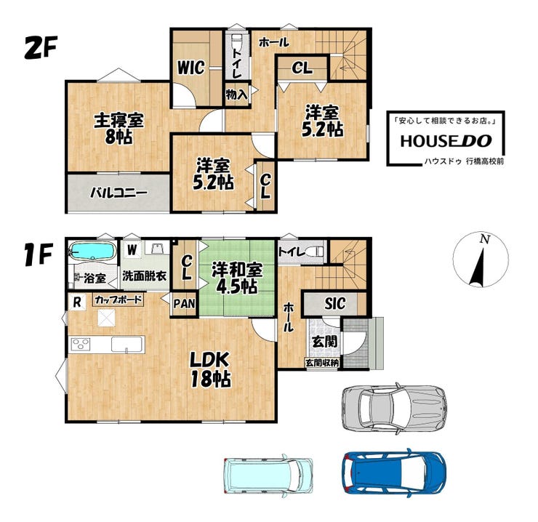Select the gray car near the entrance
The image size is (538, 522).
click(395, 407)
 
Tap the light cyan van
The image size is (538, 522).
click(268, 475)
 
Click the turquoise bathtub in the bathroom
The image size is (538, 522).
click(92, 251)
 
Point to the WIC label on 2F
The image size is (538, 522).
click(190, 68)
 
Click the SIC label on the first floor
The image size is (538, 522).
click(335, 304)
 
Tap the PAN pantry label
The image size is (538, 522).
click(184, 304)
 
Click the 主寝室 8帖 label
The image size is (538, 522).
click(119, 129)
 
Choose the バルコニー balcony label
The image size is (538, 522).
click(119, 193)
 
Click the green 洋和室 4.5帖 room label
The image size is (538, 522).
click(237, 277)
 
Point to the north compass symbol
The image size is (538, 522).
click(481, 259)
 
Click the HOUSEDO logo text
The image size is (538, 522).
click(446, 141)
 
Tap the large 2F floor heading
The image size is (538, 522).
click(41, 48)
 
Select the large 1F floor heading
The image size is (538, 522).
click(39, 254)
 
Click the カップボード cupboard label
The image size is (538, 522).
click(119, 300)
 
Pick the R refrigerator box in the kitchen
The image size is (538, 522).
click(77, 302)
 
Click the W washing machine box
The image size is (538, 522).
click(132, 249)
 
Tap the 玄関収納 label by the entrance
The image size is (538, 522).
click(322, 363)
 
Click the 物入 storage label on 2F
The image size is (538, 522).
click(236, 95)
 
